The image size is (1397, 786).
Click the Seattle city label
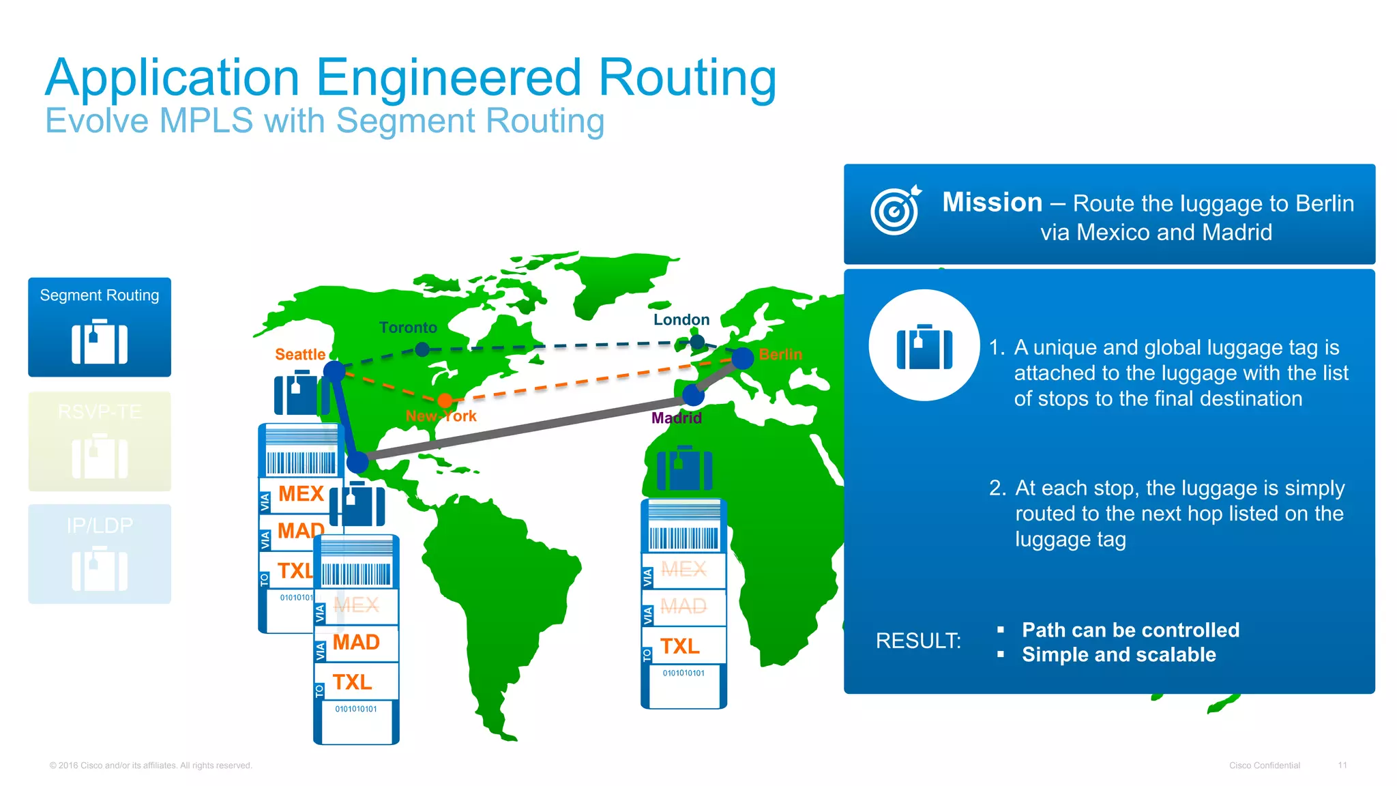point(300,355)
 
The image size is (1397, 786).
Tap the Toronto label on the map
point(408,328)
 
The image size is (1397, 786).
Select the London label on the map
point(681,320)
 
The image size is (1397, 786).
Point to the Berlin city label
point(780,355)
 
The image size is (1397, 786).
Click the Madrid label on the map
point(676,418)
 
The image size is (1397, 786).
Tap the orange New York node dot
point(445,401)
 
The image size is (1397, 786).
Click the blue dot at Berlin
point(742,358)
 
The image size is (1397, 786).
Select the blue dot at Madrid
point(693,394)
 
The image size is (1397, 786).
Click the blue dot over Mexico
point(357,463)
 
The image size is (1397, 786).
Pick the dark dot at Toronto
point(422,349)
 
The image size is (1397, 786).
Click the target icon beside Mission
point(895,211)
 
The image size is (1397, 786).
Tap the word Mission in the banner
point(992,203)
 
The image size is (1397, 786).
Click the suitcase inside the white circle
point(924,347)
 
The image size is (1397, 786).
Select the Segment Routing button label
point(100,295)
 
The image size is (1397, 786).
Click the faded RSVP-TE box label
point(100,412)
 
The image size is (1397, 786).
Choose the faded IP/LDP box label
point(100,525)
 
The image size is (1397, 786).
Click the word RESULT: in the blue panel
point(918,641)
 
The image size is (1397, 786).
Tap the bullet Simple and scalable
point(1119,655)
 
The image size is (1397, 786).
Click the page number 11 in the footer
point(1342,766)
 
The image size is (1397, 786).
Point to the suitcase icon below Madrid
point(684,469)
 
